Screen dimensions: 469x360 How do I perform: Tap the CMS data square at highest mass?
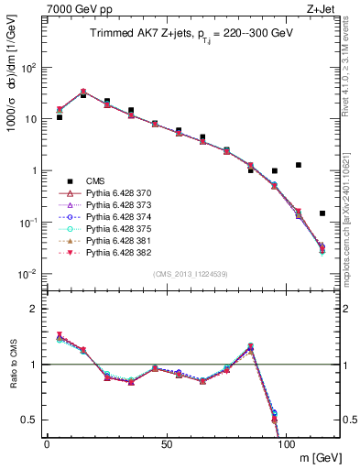pyautogui.click(x=322, y=213)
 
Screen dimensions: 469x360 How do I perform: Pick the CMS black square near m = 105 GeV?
pyautogui.click(x=299, y=165)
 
